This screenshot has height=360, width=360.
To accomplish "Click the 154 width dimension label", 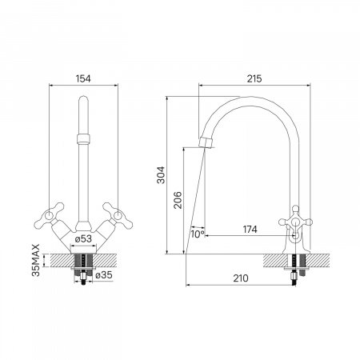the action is (83, 78).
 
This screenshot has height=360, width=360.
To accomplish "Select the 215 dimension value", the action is (254, 78).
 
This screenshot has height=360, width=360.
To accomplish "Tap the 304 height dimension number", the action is (161, 175).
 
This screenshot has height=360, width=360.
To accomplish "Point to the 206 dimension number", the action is (178, 200).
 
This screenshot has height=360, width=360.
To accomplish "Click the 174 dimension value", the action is (250, 230).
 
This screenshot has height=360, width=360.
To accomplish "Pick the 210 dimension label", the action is (241, 278).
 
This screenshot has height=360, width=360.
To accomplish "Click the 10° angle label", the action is (198, 234).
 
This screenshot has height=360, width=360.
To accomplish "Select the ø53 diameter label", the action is (83, 238).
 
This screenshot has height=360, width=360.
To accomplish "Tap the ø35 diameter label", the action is (104, 274).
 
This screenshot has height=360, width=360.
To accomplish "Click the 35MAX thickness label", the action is (35, 260).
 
